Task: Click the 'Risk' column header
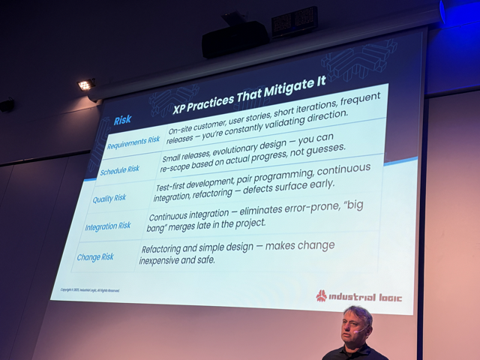point(122,120)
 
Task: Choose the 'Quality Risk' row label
point(109,199)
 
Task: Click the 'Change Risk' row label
point(95,257)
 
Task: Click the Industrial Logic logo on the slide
point(358,296)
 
